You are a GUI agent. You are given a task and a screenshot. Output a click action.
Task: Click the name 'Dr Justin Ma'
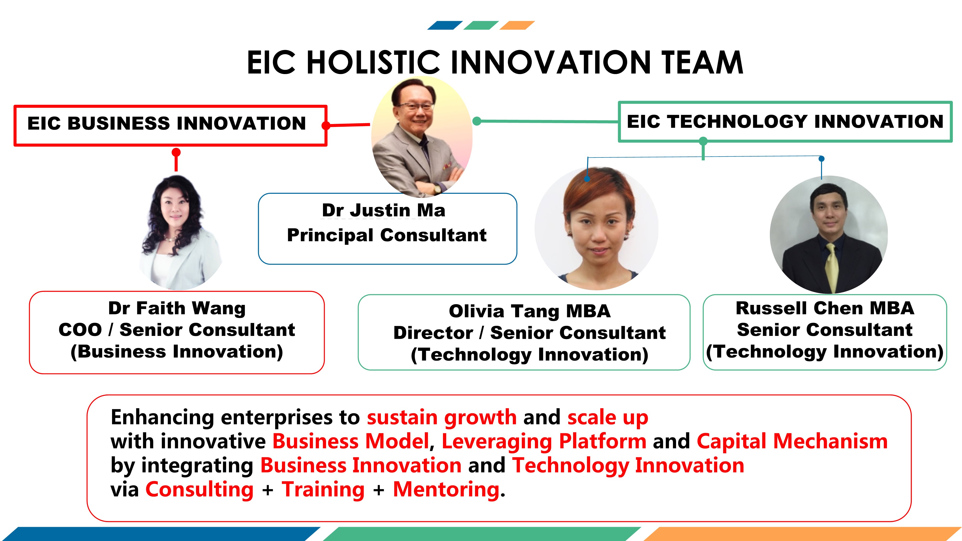(384, 210)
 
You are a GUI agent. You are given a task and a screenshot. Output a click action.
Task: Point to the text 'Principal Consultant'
(387, 235)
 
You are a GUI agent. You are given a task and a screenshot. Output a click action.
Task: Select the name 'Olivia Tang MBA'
(530, 311)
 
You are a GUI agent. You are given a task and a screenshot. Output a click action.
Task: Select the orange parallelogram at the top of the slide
(517, 25)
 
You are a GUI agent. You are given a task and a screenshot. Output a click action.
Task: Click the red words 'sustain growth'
(442, 417)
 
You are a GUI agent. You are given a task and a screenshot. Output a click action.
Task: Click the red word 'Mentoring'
(446, 490)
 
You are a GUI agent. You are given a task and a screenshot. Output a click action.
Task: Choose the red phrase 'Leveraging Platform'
(544, 442)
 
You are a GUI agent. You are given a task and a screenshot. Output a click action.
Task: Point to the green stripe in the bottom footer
(482, 534)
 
